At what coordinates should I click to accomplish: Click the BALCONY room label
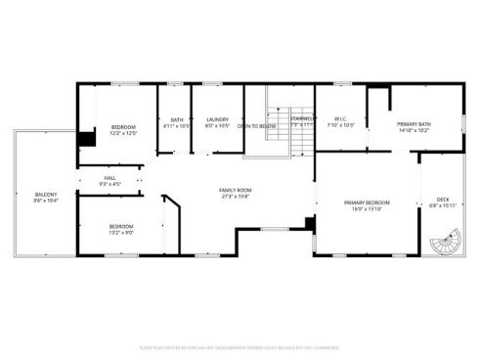[x=46, y=194]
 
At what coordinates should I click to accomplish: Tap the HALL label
[x=109, y=178]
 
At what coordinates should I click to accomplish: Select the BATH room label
[x=177, y=119]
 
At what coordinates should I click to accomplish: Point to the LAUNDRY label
[x=216, y=119]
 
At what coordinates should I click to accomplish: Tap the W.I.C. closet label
[x=340, y=119]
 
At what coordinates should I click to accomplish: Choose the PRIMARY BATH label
[x=414, y=123]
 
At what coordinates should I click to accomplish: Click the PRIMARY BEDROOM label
[x=367, y=202]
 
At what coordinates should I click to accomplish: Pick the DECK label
[x=443, y=199]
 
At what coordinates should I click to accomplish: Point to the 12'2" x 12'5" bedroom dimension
[x=123, y=133]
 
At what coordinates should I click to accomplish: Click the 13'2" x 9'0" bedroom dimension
[x=120, y=232]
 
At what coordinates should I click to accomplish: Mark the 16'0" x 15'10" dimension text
[x=367, y=208]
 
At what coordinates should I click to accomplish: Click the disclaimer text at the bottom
[x=239, y=345]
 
